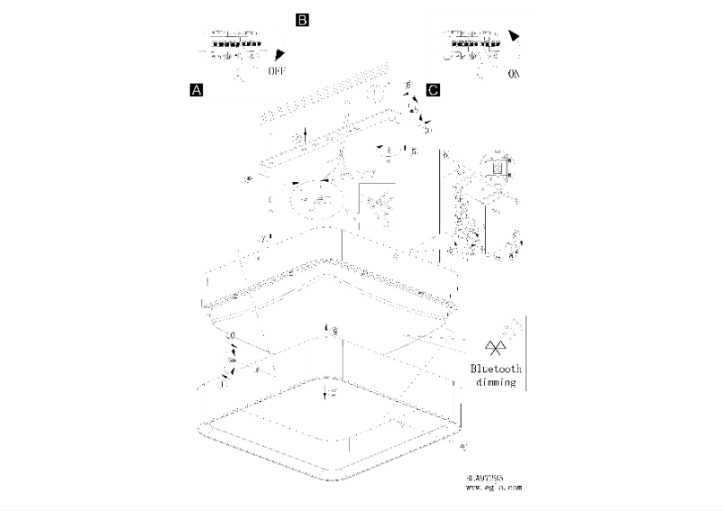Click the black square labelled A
pos(196,90)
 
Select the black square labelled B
pos(302,19)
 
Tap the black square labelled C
pos(434,90)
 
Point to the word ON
pos(514,75)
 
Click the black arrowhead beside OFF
pos(281,54)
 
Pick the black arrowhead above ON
pos(514,37)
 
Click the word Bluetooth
pos(496,370)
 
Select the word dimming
pos(496,382)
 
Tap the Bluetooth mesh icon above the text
pos(495,348)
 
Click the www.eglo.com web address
pos(493,488)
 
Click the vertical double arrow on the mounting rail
pos(307,135)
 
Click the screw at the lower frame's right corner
pos(462,447)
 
